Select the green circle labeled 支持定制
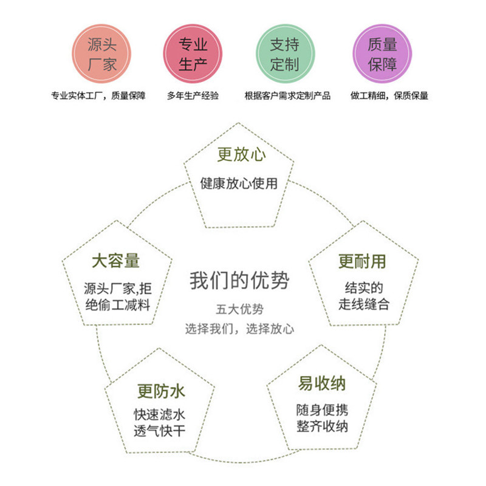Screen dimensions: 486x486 [x=284, y=53]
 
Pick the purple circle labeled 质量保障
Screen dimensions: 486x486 [x=382, y=53]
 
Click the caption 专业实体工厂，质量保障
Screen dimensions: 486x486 [x=98, y=95]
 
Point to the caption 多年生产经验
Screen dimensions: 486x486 [x=193, y=95]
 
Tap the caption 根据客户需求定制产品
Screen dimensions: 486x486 [x=287, y=95]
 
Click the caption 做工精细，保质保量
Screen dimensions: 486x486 [x=389, y=95]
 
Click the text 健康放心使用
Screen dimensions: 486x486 [x=239, y=183]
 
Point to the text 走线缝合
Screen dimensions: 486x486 [x=364, y=304]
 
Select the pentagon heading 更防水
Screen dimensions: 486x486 [x=161, y=391]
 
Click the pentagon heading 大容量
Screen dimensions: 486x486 [x=115, y=261]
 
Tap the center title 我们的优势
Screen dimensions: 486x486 [x=239, y=281]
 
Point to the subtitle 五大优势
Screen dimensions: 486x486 [x=239, y=309]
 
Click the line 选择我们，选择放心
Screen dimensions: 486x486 [x=239, y=329]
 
